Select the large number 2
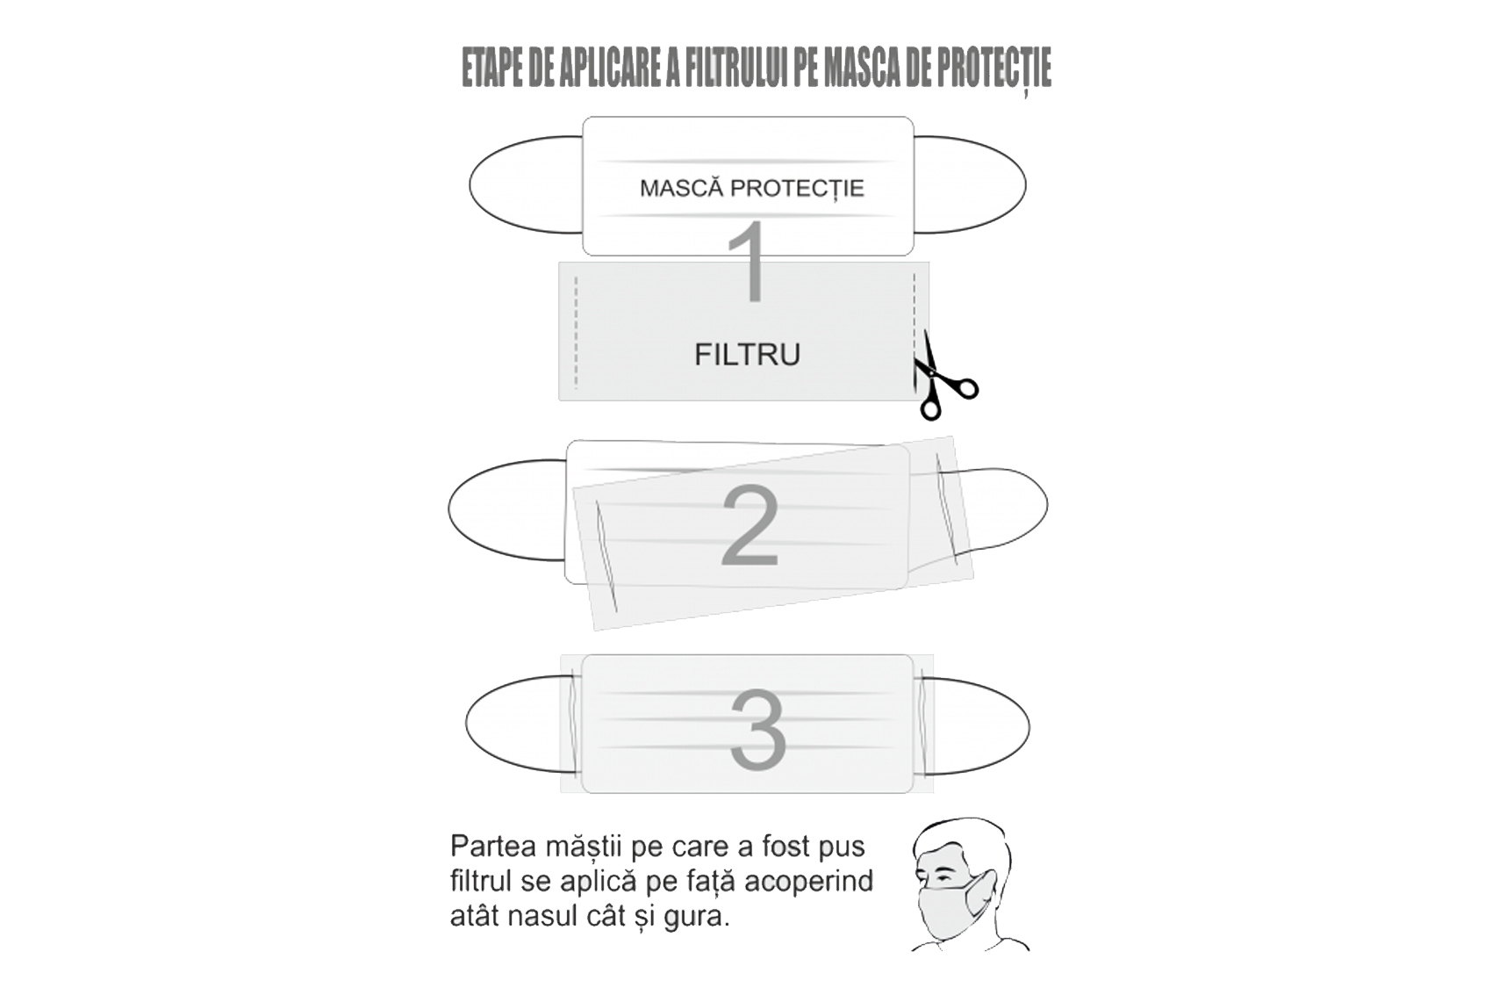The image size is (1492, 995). pos(750,525)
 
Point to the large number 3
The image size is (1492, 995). pos(758,730)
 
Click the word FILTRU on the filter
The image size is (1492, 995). pos(748,355)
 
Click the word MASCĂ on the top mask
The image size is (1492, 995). pos(681,188)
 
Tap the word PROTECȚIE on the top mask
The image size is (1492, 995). pos(797,189)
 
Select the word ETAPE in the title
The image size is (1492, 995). pos(492,68)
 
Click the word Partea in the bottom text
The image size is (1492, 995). pos(493,847)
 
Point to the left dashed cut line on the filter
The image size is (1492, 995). pos(576,331)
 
